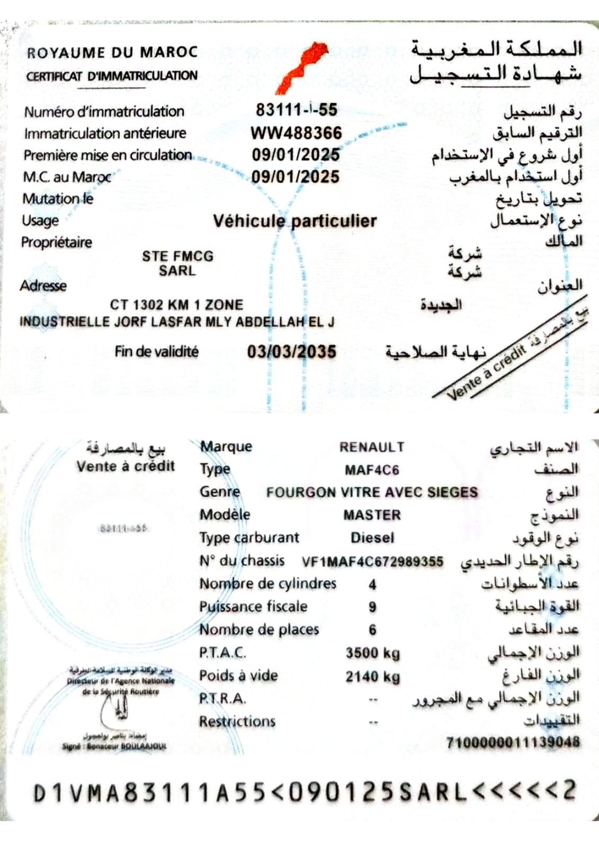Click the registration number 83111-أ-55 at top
pos(296,110)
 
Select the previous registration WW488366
pos(296,132)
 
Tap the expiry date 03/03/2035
pos(291,352)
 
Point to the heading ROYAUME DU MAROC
pos(112,52)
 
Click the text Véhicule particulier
pos(294,221)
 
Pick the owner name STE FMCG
pos(177,256)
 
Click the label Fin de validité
pos(156,351)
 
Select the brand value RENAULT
pos(372,447)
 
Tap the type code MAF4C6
pos(372,470)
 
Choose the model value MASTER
pos(372,515)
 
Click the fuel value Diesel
pos(372,538)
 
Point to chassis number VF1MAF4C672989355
pos(372,561)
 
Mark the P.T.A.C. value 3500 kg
pos(372,653)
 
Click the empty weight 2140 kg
pos(372,676)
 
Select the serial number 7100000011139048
pos(513,742)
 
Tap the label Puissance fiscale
pos(253,607)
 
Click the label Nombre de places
pos(259,629)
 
